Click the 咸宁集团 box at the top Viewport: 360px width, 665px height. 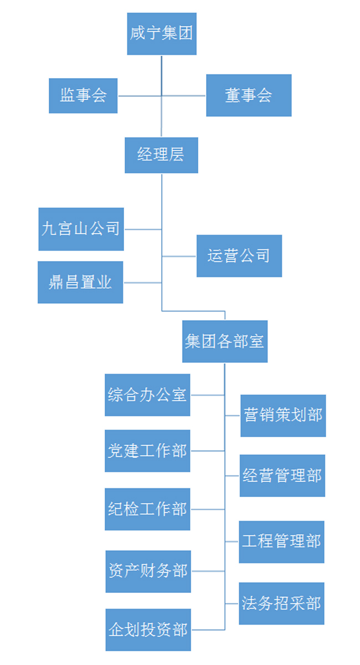pyautogui.click(x=161, y=34)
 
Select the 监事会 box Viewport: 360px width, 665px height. pyautogui.click(x=83, y=96)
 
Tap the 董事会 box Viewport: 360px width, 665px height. pyautogui.click(x=249, y=96)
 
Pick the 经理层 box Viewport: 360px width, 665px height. pyautogui.click(x=161, y=155)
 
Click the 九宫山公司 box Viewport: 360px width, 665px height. pyautogui.click(x=81, y=229)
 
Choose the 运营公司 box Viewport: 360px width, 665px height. pyautogui.click(x=239, y=256)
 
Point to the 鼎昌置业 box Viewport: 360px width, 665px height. pyautogui.click(x=80, y=282)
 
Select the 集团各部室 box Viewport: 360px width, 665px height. pyautogui.click(x=224, y=341)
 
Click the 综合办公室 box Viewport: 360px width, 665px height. pyautogui.click(x=147, y=395)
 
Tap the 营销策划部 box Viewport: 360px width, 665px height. pyautogui.click(x=282, y=416)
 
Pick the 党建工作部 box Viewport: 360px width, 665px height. pyautogui.click(x=147, y=451)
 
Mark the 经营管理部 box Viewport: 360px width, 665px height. pyautogui.click(x=282, y=475)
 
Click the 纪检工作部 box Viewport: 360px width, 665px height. pyautogui.click(x=147, y=509)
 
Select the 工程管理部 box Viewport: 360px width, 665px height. pyautogui.click(x=281, y=541)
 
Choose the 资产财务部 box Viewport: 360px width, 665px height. pyautogui.click(x=148, y=571)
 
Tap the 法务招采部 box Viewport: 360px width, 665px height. pyautogui.click(x=281, y=603)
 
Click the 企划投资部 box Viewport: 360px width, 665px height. pyautogui.click(x=148, y=630)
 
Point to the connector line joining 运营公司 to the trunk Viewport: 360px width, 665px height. pyautogui.click(x=179, y=257)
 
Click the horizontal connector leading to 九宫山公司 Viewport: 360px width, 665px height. pyautogui.click(x=142, y=229)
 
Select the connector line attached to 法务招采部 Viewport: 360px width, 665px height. pyautogui.click(x=232, y=603)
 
